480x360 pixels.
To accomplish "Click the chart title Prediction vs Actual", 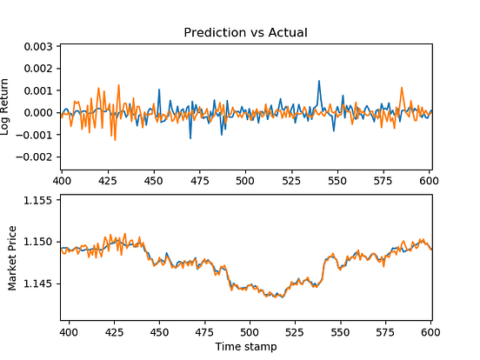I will click(246, 32).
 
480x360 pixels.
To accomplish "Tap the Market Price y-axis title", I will click(13, 258).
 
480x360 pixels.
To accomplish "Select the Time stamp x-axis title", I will click(246, 346).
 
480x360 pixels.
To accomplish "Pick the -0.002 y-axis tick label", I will click(36, 157).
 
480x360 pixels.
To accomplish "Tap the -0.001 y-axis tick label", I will click(36, 135).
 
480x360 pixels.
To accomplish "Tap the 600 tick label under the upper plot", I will click(427, 181).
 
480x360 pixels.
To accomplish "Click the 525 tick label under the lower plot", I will click(296, 332).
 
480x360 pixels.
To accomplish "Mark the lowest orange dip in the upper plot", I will click(115, 139).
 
